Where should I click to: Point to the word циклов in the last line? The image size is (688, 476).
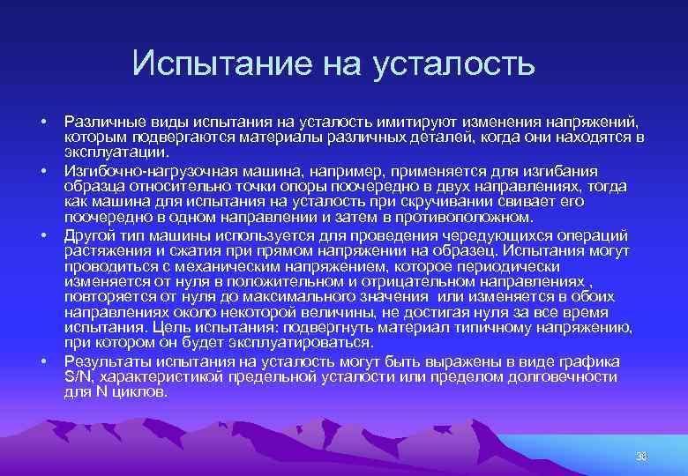pos(138,392)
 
